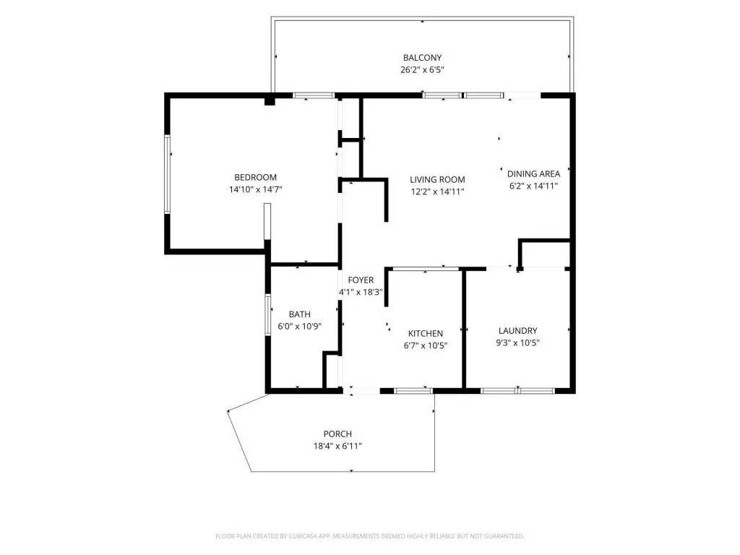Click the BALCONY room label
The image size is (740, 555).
point(422,58)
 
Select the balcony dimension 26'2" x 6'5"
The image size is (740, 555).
point(422,70)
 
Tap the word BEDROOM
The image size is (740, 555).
point(255,178)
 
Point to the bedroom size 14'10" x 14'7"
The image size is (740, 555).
point(255,190)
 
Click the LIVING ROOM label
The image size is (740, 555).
point(437,179)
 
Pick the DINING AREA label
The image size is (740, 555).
point(533,173)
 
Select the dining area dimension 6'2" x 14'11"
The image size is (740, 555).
point(533,186)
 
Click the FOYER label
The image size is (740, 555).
point(361,280)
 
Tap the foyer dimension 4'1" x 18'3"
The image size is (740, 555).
point(361,292)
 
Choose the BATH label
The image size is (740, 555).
point(300,314)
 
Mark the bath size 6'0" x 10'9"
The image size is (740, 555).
point(300,326)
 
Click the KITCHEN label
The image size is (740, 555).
point(425,333)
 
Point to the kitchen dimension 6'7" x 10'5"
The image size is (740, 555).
point(425,345)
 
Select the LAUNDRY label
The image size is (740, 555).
point(517,330)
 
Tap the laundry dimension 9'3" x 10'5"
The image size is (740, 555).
point(517,343)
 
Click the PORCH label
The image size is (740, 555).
point(337,434)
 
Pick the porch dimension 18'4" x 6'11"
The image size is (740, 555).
point(337,446)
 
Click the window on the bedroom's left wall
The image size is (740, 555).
point(167,174)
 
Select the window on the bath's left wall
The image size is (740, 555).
point(268,315)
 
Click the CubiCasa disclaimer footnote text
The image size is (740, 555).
point(369,536)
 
